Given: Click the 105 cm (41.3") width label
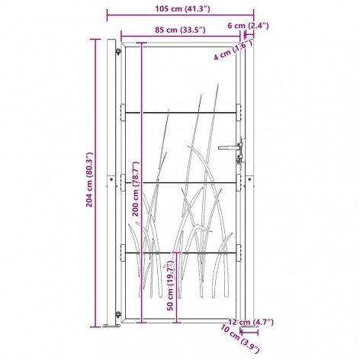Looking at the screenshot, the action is [182, 9].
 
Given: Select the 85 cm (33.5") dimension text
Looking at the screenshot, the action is [180, 30].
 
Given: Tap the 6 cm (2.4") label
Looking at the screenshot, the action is [248, 26].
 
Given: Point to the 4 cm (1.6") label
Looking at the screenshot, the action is [233, 50].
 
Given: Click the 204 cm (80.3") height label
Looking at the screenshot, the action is [89, 179].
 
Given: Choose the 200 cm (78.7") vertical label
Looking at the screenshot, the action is [137, 188].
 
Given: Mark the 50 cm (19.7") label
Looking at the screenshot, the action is [171, 287].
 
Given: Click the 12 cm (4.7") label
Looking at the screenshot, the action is [251, 322].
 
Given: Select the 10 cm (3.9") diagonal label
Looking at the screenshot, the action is [240, 339].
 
